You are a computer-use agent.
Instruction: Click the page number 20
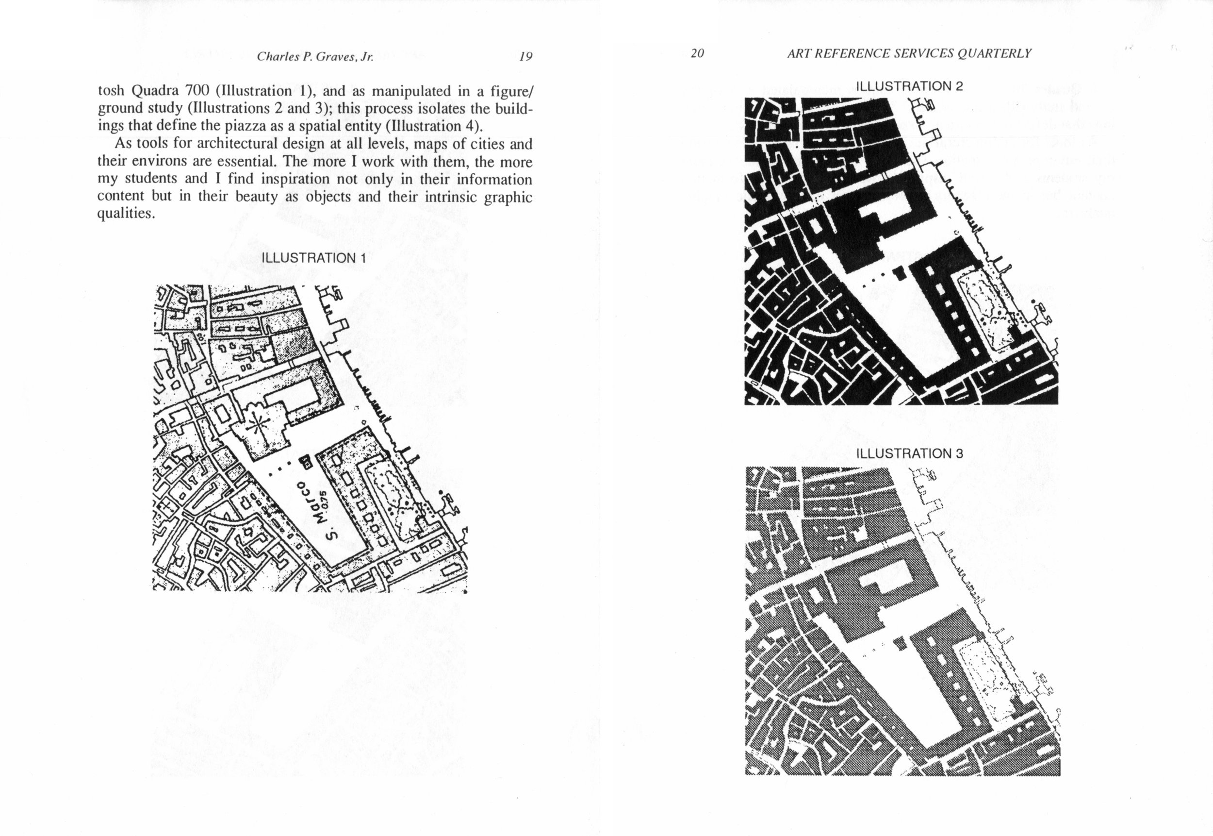(697, 53)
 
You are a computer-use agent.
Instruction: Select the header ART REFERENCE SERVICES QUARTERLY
(909, 53)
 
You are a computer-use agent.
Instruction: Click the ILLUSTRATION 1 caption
(313, 258)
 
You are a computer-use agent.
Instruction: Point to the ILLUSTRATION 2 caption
(909, 86)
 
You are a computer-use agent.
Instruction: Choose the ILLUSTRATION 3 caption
(909, 453)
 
